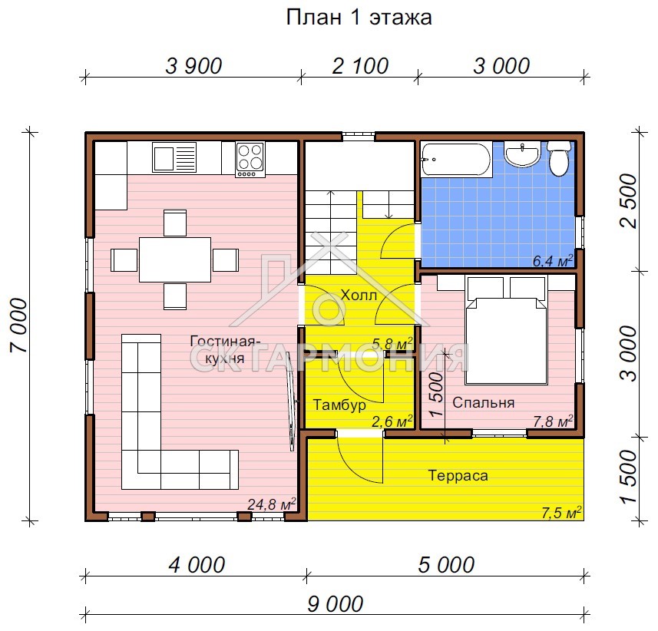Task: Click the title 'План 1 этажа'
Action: tap(359, 18)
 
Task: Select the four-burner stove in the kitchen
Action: tap(250, 160)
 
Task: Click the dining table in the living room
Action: tap(175, 259)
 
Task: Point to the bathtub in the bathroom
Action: tap(456, 160)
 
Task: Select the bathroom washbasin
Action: tap(524, 154)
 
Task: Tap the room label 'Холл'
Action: tap(359, 295)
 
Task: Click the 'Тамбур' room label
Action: tap(339, 405)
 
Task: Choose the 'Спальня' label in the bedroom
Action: tap(483, 402)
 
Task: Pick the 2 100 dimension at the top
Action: tap(360, 66)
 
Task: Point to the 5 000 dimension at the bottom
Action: tap(447, 565)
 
